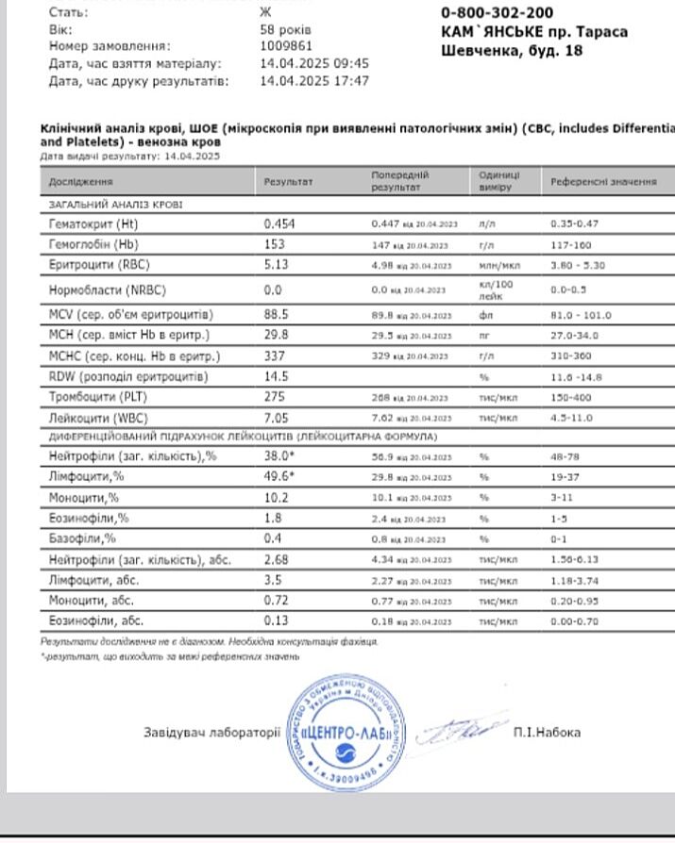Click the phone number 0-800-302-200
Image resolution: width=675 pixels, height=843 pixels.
pos(497,13)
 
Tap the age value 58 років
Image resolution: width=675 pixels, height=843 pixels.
pos(285,29)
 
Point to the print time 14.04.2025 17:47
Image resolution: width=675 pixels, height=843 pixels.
pos(313,81)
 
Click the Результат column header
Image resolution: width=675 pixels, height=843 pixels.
pos(288,181)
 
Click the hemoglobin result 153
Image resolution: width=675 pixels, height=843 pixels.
pos(274,244)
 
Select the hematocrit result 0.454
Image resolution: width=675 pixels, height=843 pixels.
pos(279,223)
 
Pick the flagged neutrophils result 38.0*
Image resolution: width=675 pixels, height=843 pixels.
pos(279,455)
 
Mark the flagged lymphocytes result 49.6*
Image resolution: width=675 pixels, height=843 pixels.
pos(279,476)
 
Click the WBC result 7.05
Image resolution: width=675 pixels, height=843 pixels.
pos(276,418)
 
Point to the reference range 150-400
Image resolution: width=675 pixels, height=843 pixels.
pos(571,397)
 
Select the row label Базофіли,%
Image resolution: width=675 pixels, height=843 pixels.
pos(82,538)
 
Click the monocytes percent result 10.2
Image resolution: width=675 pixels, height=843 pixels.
pos(276,497)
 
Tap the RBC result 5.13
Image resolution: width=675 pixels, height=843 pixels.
pos(276,265)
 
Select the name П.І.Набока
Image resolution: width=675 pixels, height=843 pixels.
pos(548,732)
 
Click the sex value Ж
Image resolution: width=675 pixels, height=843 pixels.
pos(264,13)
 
